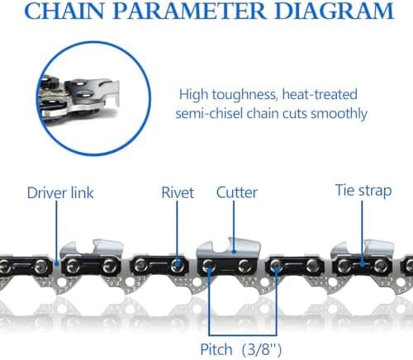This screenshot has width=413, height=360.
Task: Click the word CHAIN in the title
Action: (x=65, y=11)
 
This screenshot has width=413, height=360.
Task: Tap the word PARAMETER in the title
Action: (x=190, y=11)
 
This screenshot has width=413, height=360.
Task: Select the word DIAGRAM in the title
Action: (x=335, y=11)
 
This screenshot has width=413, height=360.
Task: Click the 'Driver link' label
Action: (x=60, y=192)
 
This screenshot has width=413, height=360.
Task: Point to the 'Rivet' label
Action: (x=178, y=192)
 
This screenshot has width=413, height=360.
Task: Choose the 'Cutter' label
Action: (x=237, y=192)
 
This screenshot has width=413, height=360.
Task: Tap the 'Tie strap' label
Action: (x=363, y=191)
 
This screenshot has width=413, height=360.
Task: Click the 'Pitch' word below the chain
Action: (x=216, y=349)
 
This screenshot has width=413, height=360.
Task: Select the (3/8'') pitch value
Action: (x=262, y=350)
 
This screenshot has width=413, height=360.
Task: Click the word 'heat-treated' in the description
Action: (x=320, y=94)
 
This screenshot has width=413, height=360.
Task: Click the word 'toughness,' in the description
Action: (x=244, y=95)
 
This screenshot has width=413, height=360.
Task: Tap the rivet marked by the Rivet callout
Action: (x=177, y=265)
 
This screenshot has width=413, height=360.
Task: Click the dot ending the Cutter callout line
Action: (x=234, y=251)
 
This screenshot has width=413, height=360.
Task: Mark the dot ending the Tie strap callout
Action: (x=363, y=265)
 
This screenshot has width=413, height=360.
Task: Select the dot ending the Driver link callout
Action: (x=57, y=263)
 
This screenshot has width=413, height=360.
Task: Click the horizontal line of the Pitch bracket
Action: (x=243, y=335)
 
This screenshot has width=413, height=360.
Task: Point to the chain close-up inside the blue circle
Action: (x=80, y=97)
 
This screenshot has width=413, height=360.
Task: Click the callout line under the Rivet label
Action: (x=177, y=231)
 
